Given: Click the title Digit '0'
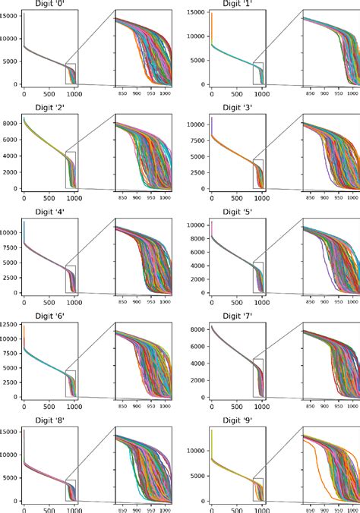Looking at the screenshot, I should [48, 5].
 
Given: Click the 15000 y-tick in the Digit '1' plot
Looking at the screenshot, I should [195, 14].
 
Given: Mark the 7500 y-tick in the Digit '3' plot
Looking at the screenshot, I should [197, 139].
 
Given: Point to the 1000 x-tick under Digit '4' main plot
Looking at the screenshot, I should [75, 301].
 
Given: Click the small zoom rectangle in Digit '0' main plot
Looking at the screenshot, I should [71, 74].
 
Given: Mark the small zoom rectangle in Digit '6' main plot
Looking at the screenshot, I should [71, 383].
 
